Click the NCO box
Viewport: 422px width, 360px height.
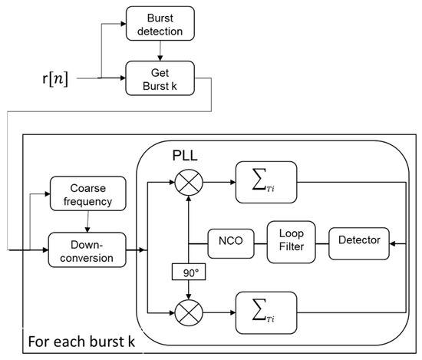(x=229, y=239)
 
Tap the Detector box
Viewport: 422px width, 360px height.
(x=359, y=239)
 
